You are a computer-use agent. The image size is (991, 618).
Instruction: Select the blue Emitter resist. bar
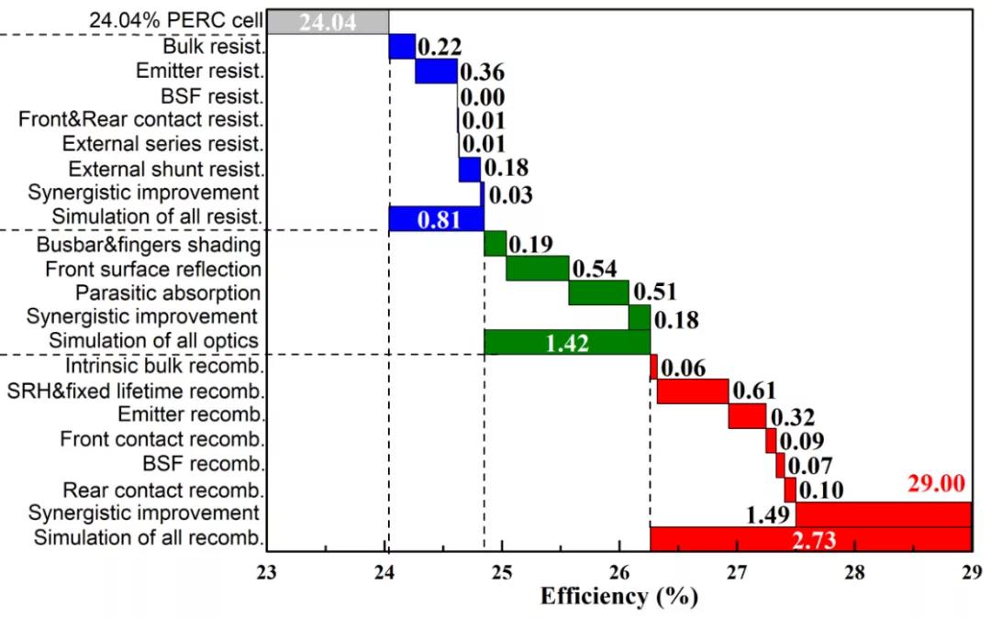tap(436, 71)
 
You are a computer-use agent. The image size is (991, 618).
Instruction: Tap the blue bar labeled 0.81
tap(436, 219)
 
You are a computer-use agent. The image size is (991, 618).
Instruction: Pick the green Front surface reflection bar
tap(537, 269)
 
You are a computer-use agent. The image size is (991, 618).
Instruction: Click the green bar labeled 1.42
tap(566, 342)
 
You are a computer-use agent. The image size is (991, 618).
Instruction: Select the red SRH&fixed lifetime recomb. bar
tap(693, 392)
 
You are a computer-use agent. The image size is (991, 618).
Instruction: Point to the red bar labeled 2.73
tap(810, 539)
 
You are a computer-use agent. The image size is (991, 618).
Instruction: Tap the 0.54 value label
tap(594, 269)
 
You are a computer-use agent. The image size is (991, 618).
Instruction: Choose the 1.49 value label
tap(767, 515)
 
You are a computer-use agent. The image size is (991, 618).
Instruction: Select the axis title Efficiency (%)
tap(619, 597)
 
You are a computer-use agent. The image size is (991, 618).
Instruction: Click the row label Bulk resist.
tap(215, 46)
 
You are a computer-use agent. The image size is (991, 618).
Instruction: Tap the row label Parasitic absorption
tap(168, 293)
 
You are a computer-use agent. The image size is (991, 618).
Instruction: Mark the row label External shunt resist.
tap(167, 169)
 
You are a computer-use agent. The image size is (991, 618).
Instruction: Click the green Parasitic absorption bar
tap(598, 292)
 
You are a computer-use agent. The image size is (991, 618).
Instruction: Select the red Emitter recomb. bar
tap(747, 415)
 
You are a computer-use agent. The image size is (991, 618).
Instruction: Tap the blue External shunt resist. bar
tap(469, 169)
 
